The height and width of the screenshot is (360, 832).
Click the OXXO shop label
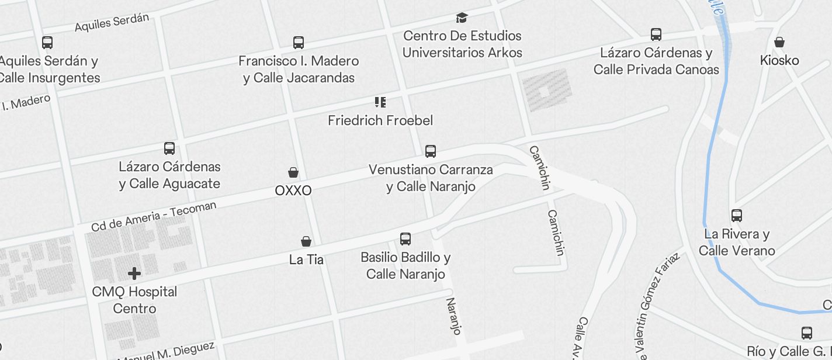pos(293,191)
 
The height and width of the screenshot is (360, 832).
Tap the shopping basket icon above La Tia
pos(306,241)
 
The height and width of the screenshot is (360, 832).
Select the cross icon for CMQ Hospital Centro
pos(134,273)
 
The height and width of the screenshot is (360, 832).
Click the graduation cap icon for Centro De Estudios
pos(462,18)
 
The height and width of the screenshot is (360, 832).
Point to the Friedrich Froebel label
pos(380,120)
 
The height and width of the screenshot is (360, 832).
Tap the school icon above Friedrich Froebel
pos(380,102)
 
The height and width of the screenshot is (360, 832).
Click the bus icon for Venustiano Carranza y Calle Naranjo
pos(431,151)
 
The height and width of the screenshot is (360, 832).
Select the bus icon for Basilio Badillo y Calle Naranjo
pos(405,238)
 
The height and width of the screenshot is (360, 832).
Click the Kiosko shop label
pos(779,60)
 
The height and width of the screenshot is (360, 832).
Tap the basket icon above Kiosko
pos(779,42)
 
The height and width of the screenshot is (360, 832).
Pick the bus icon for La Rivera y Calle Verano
pos(737,216)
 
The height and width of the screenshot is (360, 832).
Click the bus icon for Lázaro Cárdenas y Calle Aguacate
pos(169,148)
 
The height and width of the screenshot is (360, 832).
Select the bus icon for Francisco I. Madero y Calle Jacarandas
pos(299,43)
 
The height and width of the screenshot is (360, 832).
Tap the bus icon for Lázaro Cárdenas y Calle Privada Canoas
pos(656,34)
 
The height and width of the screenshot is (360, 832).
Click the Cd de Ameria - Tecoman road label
pos(154,216)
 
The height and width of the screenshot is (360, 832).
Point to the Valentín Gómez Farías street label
pos(659,304)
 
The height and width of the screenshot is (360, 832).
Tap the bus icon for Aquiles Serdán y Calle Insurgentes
pos(47,43)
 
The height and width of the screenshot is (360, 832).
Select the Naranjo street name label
pos(454,316)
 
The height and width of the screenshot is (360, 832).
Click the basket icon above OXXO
pos(293,172)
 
